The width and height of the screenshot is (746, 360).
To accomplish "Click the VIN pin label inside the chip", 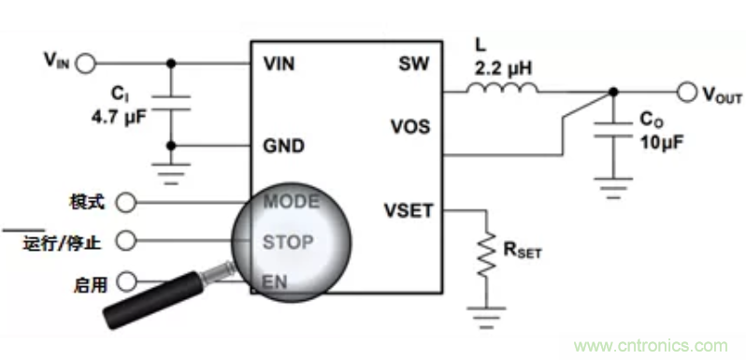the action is click(279, 64).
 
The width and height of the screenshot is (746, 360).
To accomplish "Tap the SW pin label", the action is click(413, 64).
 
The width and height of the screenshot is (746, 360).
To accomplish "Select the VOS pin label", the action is click(410, 127).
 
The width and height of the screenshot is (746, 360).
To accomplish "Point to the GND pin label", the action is click(283, 146).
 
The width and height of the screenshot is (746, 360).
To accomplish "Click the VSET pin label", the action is click(409, 210).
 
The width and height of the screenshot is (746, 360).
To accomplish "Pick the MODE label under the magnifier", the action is click(291, 202).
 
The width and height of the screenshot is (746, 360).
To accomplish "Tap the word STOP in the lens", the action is click(288, 242).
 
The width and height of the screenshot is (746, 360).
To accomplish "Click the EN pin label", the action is click(275, 282).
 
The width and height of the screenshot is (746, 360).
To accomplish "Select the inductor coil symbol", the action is click(502, 88).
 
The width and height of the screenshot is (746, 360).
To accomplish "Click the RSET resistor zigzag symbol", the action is click(486, 253).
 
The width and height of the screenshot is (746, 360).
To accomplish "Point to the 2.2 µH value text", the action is click(503, 69).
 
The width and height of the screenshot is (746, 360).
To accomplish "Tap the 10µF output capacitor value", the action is click(659, 141).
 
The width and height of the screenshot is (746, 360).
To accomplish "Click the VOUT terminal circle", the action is click(687, 92).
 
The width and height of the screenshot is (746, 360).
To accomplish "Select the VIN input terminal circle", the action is click(86, 64).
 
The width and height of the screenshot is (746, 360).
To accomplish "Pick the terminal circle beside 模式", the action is click(126, 202).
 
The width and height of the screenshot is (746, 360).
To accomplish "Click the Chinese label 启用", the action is click(91, 284).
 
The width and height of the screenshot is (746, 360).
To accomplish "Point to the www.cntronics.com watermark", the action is click(651, 346).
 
